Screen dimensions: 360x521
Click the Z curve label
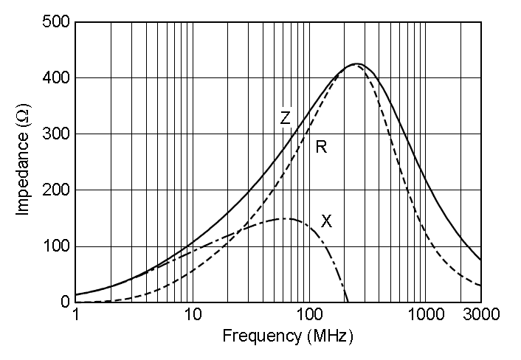pyautogui.click(x=285, y=117)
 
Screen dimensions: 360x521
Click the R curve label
pyautogui.click(x=321, y=147)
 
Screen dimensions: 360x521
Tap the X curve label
pyautogui.click(x=326, y=220)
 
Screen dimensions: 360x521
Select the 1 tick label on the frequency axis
pyautogui.click(x=75, y=315)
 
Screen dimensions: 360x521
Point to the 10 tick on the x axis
pyautogui.click(x=193, y=315)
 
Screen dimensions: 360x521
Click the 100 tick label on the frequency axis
pyautogui.click(x=308, y=315)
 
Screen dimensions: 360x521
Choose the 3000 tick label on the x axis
pyautogui.click(x=481, y=315)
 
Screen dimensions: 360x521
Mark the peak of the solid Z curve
pyautogui.click(x=356, y=63)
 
